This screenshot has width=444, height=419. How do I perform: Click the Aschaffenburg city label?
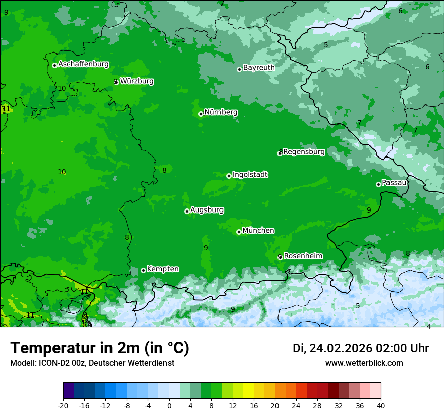point(83,64)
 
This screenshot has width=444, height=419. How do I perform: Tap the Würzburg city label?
point(137,81)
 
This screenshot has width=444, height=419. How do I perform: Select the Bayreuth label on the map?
point(259,68)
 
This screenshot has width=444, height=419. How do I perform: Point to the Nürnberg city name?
point(220,112)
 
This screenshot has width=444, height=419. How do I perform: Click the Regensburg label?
point(304,152)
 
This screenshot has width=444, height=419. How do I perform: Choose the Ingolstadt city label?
point(250,175)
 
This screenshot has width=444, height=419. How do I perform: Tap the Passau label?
point(394,183)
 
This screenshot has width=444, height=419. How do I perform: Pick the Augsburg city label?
point(207,210)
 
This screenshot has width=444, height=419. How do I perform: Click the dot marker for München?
point(239,232)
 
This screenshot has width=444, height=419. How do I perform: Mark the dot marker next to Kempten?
point(143,271)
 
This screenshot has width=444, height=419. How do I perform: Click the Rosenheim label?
point(303,256)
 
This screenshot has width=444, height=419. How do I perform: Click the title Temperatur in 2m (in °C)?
point(99,348)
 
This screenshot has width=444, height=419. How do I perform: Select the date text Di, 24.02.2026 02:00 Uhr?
point(361,349)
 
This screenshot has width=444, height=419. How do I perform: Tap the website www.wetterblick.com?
point(364,363)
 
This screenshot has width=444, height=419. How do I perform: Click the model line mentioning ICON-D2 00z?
point(92,363)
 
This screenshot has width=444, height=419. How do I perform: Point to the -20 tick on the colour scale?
point(63,405)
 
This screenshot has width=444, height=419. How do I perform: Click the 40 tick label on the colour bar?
point(380,405)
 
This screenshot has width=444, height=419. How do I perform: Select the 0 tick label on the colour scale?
point(169,405)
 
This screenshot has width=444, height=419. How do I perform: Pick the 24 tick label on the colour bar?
point(296,405)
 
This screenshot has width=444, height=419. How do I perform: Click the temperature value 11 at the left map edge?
point(6,109)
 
